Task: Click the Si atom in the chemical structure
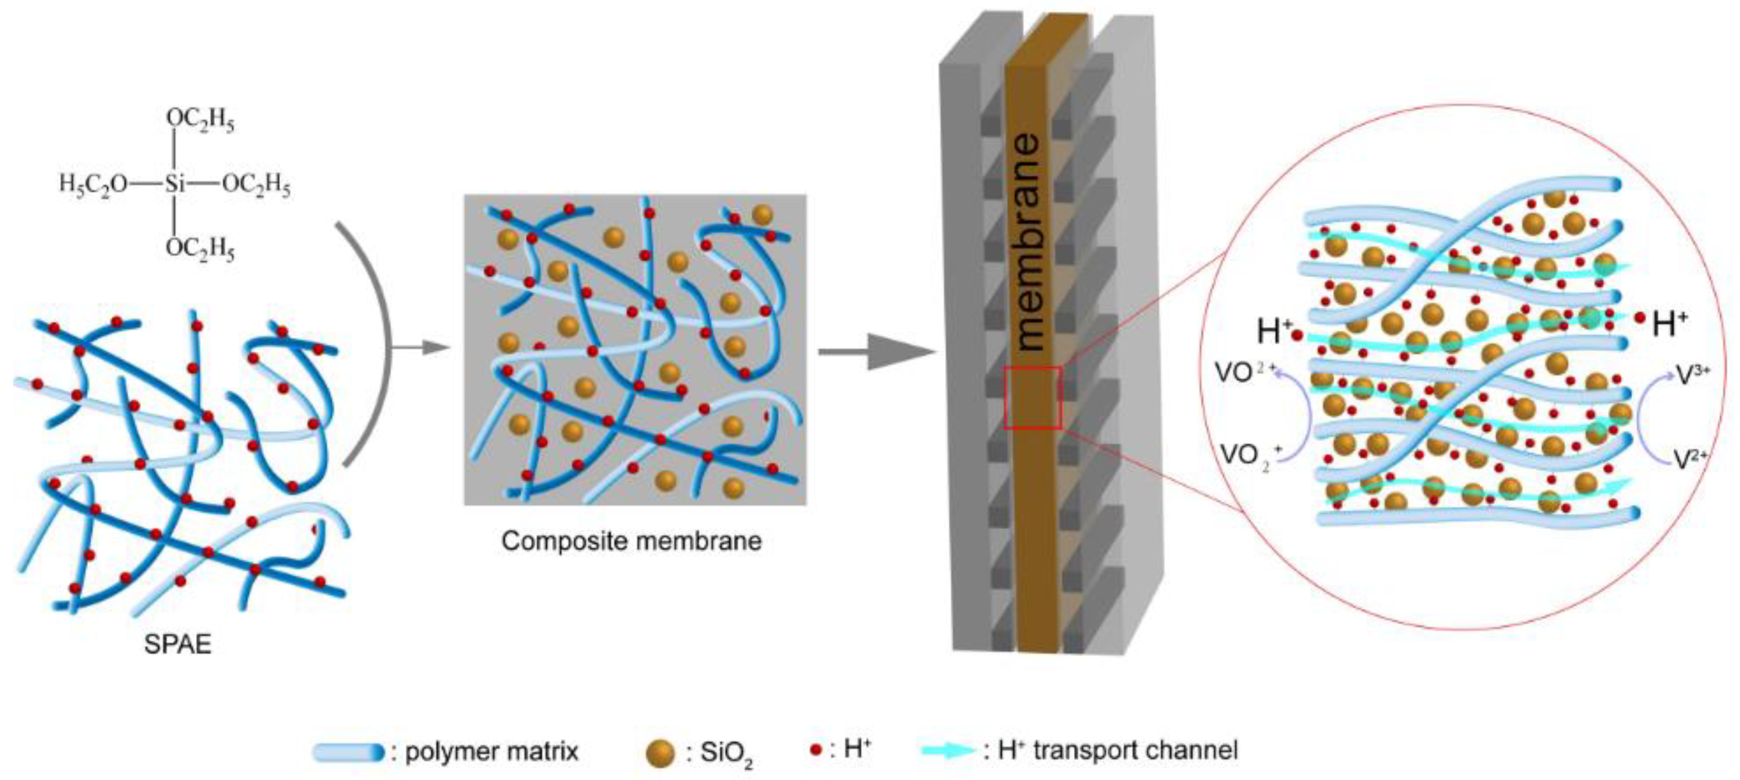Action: click(174, 184)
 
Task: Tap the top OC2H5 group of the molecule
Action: click(200, 119)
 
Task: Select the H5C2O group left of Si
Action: click(93, 184)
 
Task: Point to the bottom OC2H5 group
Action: click(200, 249)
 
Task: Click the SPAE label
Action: click(177, 644)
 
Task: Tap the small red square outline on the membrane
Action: click(1032, 398)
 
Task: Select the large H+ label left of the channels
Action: click(1273, 331)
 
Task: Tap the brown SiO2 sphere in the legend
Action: click(660, 753)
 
